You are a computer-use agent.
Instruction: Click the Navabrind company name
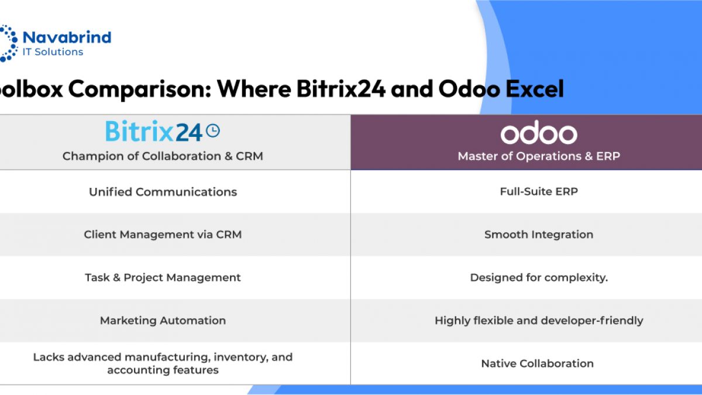[67, 37]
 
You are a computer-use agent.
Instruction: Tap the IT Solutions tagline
[53, 51]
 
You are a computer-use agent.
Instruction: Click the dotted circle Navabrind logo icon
[8, 43]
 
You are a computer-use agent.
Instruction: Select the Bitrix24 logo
[163, 131]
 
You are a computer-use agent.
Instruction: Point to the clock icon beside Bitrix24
[213, 130]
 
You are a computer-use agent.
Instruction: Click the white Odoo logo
[539, 132]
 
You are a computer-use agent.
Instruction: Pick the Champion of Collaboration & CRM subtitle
[163, 156]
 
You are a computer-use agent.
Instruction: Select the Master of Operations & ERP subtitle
[539, 156]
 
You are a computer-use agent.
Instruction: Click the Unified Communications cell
[163, 192]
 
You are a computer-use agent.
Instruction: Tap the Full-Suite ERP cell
[539, 191]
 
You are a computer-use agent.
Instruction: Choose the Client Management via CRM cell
[163, 235]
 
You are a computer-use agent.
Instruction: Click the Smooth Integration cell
[539, 235]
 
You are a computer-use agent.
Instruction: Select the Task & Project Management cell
[163, 277]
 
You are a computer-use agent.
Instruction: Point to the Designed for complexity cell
[539, 277]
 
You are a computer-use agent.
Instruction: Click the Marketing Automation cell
[163, 321]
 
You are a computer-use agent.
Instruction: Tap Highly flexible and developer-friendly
[539, 321]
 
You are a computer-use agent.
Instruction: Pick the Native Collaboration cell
[538, 363]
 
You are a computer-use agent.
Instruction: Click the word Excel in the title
[535, 89]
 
